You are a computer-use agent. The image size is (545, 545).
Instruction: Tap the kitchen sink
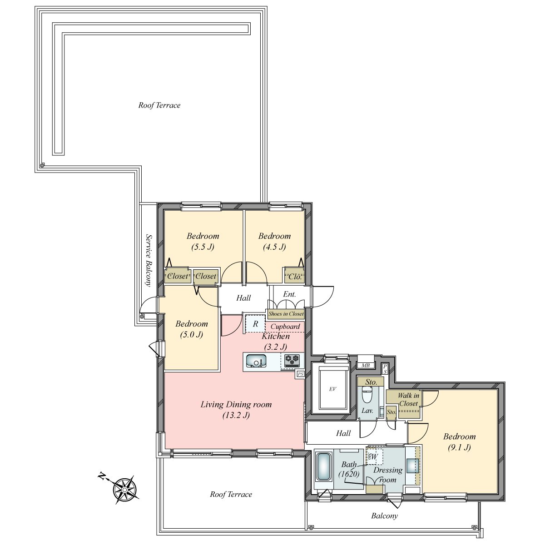[x=256, y=361]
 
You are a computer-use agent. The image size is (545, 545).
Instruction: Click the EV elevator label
[x=332, y=389]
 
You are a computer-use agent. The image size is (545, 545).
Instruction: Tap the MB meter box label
[x=366, y=366]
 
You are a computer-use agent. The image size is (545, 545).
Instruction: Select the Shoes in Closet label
[x=286, y=314]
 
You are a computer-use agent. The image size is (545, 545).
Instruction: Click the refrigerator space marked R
[x=255, y=324]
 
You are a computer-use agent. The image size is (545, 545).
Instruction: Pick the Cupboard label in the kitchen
[x=285, y=327]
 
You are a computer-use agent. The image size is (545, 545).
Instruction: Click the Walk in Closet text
[x=408, y=399]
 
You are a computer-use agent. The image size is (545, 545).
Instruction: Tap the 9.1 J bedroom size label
[x=459, y=447]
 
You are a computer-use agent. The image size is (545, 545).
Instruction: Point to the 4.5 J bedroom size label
[x=274, y=247]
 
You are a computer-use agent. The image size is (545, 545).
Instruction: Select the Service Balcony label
[x=149, y=260]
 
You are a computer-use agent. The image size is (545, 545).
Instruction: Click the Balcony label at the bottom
[x=384, y=516]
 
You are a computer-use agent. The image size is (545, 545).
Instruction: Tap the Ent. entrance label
[x=289, y=294]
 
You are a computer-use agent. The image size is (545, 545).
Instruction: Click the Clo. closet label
[x=295, y=277]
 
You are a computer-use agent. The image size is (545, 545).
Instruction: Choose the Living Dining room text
[x=236, y=405]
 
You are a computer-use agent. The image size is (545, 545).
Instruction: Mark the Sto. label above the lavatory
[x=371, y=382]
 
